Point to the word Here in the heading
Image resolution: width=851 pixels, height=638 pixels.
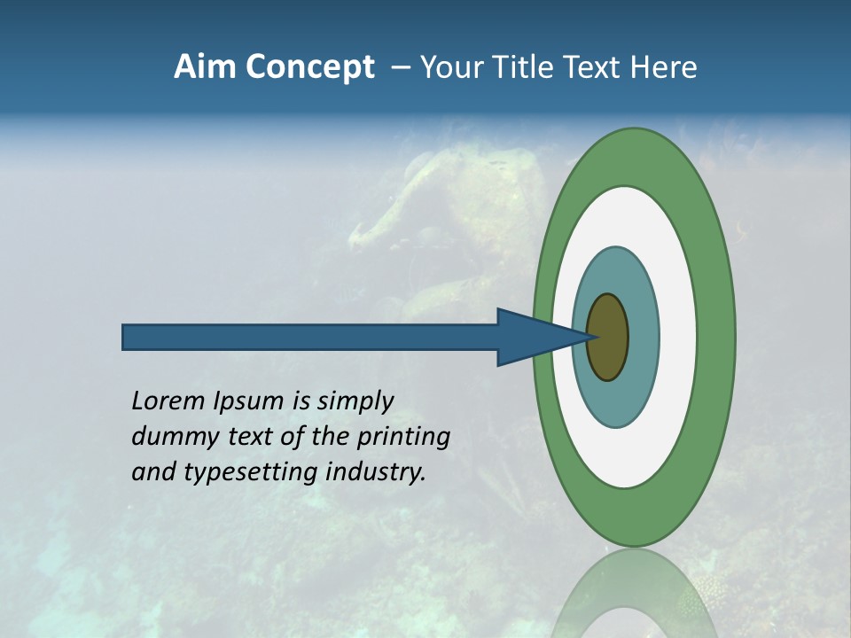[x=663, y=67]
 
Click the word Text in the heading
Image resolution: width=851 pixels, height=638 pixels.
[x=594, y=67]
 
